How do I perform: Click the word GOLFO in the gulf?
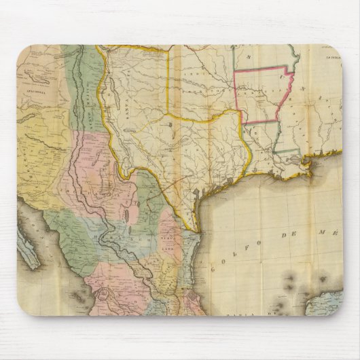[x=235, y=255]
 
